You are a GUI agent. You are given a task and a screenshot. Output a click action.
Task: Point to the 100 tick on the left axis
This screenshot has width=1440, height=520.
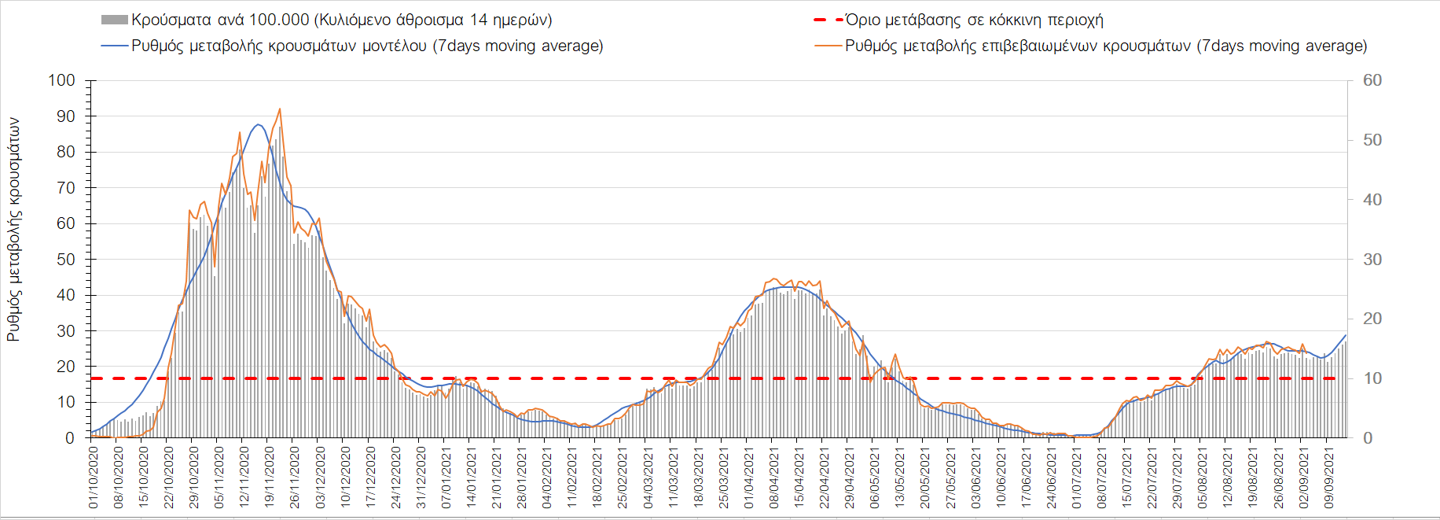coord(61,80)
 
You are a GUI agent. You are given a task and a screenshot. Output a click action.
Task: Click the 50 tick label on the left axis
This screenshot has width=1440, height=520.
coord(66,260)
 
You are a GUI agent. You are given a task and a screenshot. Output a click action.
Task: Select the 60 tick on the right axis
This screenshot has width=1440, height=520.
coord(1372,80)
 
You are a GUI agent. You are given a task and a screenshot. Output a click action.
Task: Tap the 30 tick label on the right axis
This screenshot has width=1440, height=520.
coord(1372,260)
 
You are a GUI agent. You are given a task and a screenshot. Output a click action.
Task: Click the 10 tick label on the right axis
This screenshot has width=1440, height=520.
coord(1372,378)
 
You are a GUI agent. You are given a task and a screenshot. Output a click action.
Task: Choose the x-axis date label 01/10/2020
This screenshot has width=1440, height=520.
coord(94,478)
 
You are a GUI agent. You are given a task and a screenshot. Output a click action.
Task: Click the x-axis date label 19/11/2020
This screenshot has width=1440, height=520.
coord(270,478)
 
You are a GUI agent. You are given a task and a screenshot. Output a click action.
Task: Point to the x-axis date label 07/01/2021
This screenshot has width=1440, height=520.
coord(446,478)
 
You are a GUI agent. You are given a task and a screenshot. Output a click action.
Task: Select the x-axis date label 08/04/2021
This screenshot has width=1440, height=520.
coord(774,478)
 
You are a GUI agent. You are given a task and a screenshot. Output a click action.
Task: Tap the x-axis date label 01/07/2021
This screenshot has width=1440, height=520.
coord(1077,478)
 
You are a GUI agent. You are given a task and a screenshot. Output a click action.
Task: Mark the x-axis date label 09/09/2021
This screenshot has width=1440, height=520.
coord(1329,478)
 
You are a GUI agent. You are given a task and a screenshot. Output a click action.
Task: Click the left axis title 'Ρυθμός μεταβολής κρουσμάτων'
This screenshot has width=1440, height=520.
coord(13,230)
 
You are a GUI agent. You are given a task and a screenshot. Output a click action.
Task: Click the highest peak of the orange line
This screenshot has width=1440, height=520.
coord(280,109)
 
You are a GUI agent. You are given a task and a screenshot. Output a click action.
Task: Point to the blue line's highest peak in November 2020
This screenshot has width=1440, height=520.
coord(258,124)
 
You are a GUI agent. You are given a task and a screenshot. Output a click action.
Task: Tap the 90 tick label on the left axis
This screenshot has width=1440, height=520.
coord(66,116)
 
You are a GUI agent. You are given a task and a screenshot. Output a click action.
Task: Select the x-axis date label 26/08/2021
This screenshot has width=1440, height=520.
coord(1279,478)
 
